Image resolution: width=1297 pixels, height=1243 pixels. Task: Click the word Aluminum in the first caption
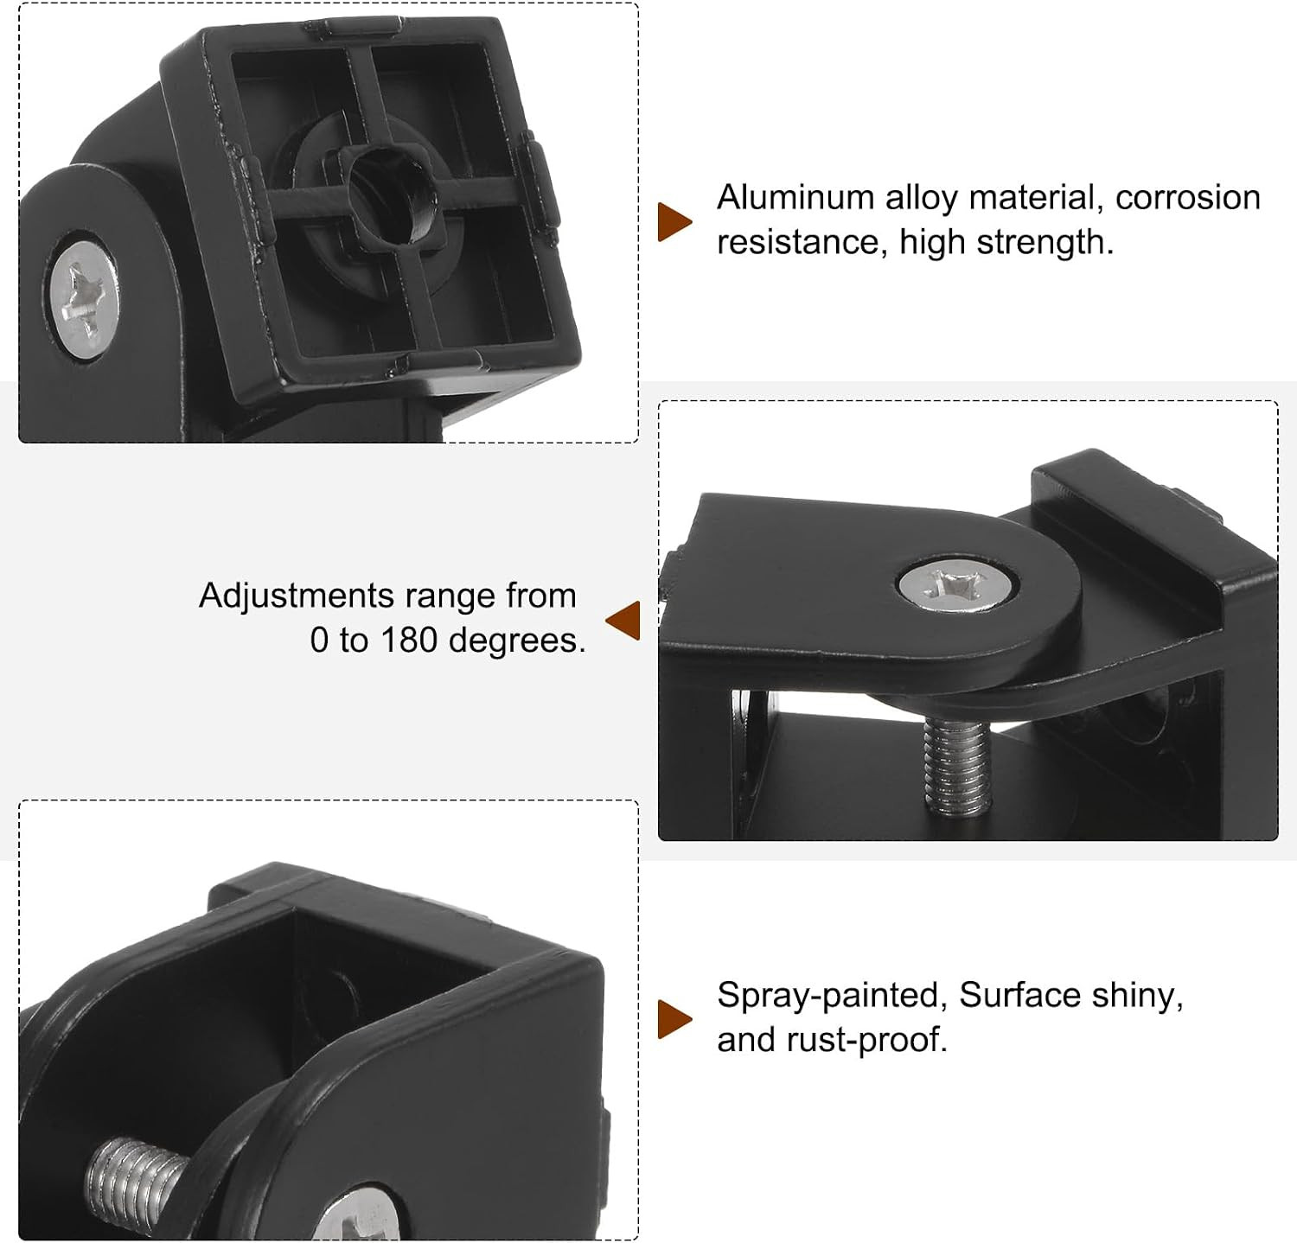pos(795,198)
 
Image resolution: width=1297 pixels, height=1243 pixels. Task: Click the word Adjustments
pos(297,596)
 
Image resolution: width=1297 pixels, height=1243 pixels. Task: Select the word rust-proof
pos(867,1040)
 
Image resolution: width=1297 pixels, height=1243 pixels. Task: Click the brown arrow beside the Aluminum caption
pos(675,222)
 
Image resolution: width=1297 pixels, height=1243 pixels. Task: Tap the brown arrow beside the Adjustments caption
pos(623,620)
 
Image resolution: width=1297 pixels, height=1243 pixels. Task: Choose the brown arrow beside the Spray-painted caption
pos(675,1019)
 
